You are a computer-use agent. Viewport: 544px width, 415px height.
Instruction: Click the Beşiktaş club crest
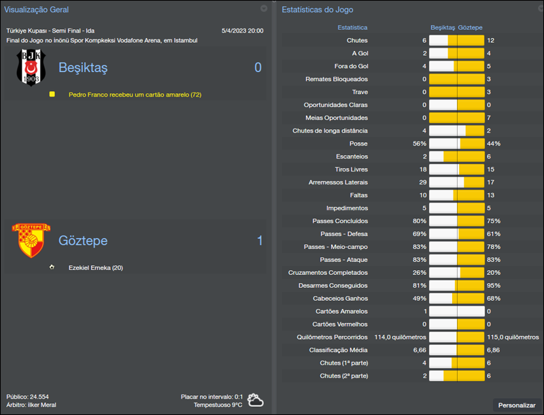pyautogui.click(x=31, y=67)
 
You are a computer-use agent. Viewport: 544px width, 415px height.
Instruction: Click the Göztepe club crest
pyautogui.click(x=31, y=241)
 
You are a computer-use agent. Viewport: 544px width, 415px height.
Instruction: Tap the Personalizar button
pyautogui.click(x=517, y=405)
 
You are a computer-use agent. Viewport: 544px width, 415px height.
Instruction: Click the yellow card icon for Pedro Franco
pyautogui.click(x=52, y=95)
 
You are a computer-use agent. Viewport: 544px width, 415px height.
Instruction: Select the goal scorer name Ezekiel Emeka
pyautogui.click(x=95, y=267)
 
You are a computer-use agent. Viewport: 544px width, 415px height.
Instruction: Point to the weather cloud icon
pyautogui.click(x=256, y=400)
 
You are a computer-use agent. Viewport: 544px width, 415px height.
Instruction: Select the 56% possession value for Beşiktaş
pyautogui.click(x=419, y=144)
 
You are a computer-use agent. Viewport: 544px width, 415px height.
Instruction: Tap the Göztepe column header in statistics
pyautogui.click(x=471, y=28)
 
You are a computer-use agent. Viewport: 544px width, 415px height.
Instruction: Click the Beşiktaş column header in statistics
pyautogui.click(x=442, y=28)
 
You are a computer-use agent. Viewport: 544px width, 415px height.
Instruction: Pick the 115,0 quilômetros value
pyautogui.click(x=512, y=337)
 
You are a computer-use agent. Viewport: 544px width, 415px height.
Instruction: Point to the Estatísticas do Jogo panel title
pyautogui.click(x=317, y=10)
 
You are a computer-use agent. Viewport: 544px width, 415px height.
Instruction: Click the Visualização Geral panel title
pyautogui.click(x=36, y=10)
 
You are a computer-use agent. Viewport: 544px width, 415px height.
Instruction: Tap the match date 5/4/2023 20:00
pyautogui.click(x=242, y=31)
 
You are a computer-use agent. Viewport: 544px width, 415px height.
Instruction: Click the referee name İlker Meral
pyautogui.click(x=41, y=405)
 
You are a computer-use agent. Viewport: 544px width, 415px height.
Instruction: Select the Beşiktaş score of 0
pyautogui.click(x=258, y=67)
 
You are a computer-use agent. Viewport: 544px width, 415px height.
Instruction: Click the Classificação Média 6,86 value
pyautogui.click(x=494, y=350)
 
